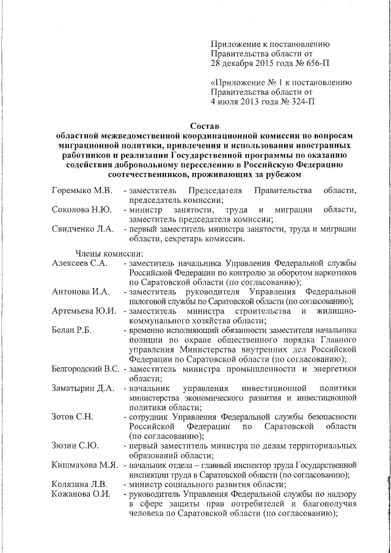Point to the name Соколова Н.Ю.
point(81,210)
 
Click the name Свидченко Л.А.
point(83,229)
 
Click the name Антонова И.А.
point(81,291)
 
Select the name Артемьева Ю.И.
point(84,311)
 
